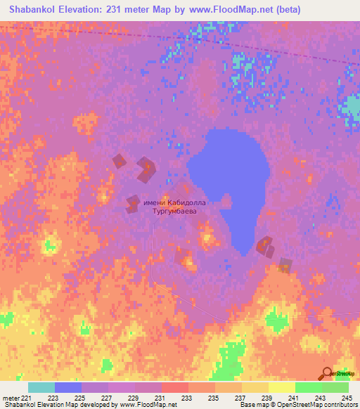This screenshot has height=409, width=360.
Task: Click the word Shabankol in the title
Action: coord(35,10)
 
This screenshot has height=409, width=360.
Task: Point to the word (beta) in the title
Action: coord(304,10)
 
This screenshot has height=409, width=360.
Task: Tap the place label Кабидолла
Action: coord(182,202)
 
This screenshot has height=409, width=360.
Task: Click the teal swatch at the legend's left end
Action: coord(41,387)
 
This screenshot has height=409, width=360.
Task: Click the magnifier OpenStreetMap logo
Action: coord(327,372)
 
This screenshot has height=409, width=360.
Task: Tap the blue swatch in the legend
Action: coord(68,387)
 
